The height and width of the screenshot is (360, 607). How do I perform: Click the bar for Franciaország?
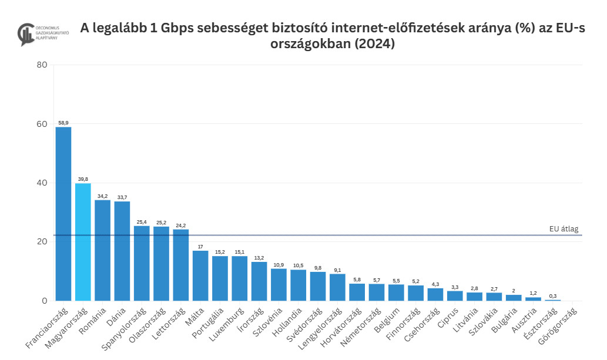tap(63, 214)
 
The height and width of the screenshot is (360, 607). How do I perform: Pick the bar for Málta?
tap(200, 275)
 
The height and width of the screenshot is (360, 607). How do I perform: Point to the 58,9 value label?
tap(63, 123)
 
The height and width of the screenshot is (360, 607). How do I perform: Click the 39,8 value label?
tap(83, 179)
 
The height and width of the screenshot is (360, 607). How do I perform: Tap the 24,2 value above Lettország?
tap(181, 225)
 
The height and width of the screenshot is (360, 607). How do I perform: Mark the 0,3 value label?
tap(552, 295)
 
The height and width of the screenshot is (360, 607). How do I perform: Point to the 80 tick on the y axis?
tap(42, 65)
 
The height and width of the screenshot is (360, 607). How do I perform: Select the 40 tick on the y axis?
tap(42, 183)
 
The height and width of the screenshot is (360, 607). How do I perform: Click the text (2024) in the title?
tap(372, 44)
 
